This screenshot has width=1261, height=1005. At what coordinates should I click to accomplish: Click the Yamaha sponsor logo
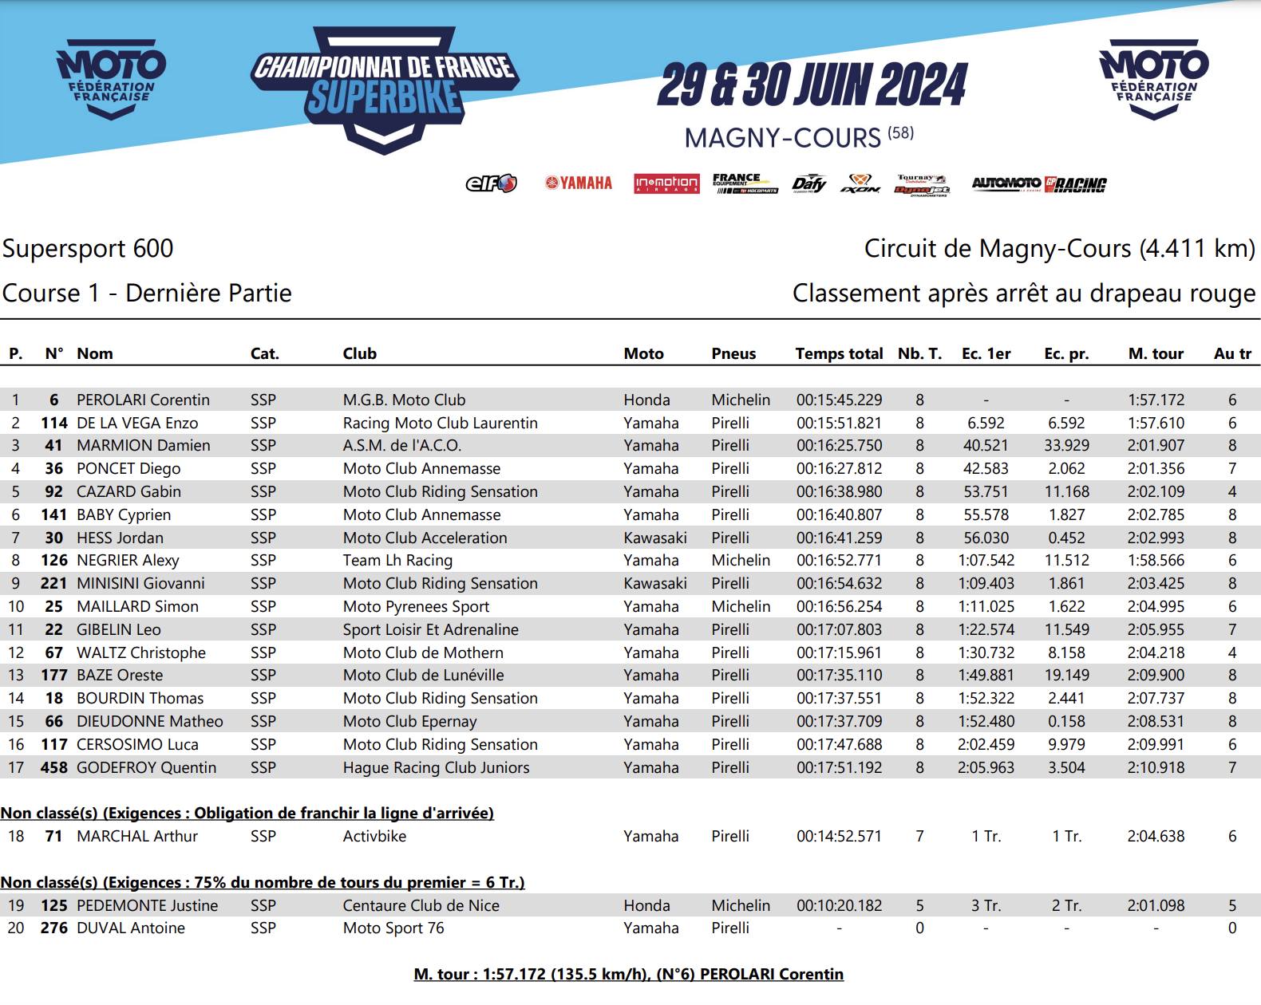[x=579, y=183]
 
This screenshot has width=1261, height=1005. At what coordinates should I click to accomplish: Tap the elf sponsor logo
[x=491, y=184]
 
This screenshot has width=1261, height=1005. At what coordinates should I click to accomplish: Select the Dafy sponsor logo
[x=808, y=184]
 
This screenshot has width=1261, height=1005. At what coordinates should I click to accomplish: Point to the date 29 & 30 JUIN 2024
[x=812, y=85]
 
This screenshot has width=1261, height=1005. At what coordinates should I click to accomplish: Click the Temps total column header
[x=839, y=353]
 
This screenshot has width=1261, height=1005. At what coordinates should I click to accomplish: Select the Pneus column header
[x=733, y=353]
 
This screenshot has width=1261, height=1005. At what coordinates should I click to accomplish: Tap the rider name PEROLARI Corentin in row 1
[x=143, y=400]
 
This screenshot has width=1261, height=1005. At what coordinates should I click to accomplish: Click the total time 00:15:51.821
[x=839, y=423]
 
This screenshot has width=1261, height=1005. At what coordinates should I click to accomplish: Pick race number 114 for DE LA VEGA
[x=54, y=423]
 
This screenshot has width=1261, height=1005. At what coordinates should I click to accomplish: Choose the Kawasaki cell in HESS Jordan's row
[x=655, y=538]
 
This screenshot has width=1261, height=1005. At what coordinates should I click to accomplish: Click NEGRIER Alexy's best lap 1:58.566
[x=1156, y=560]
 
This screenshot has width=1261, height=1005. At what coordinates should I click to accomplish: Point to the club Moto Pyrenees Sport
[x=416, y=606]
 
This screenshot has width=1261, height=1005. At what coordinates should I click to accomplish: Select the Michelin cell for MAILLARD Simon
[x=741, y=606]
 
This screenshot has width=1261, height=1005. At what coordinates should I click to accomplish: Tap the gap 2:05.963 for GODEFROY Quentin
[x=986, y=767]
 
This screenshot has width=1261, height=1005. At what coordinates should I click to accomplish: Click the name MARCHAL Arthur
[x=137, y=836]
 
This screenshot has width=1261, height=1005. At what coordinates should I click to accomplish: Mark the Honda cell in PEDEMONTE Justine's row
[x=646, y=905]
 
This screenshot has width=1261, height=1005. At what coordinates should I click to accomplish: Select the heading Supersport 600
[x=88, y=248]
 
